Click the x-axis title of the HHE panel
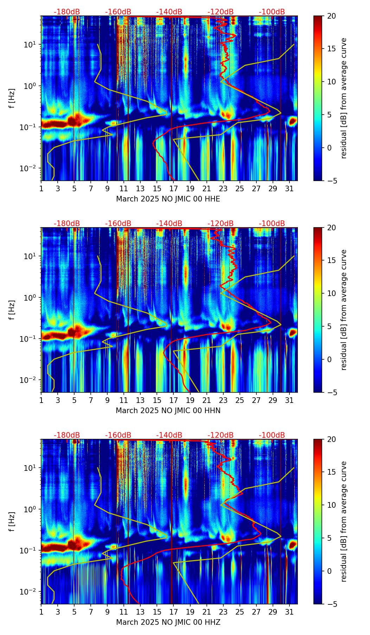coord(168,199)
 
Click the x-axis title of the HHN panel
coord(168,411)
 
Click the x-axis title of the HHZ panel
coord(168,622)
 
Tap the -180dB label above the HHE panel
coord(67,12)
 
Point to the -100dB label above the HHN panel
coord(272,224)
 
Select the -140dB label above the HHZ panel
coord(169,435)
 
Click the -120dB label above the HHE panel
coord(221,12)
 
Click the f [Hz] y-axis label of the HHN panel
coord(12,310)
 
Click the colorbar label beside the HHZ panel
coord(344,521)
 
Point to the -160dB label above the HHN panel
coord(118,224)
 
